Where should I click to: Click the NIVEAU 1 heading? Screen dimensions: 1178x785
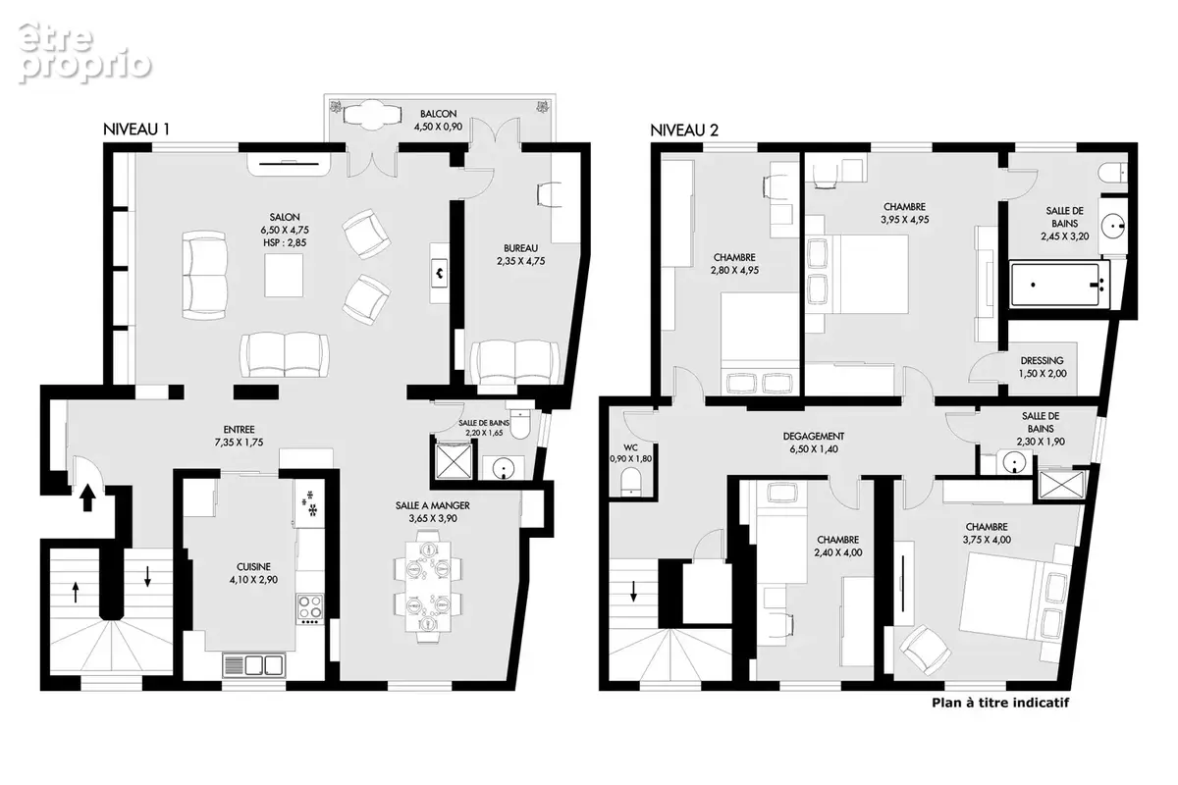tap(136, 130)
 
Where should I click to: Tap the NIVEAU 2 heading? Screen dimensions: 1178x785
tap(684, 130)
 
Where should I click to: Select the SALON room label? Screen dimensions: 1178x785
tap(285, 217)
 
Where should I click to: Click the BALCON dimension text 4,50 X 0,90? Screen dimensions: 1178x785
tap(438, 127)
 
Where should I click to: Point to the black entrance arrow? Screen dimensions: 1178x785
tap(87, 497)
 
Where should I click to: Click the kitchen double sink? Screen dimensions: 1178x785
tap(254, 665)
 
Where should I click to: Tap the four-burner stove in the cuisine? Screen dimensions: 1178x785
tap(310, 606)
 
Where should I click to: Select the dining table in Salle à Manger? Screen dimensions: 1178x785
tap(428, 586)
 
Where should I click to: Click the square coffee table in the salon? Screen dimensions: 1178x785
tap(284, 276)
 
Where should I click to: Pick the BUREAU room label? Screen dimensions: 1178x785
tap(520, 248)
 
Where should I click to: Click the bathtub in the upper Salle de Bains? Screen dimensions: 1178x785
tap(1059, 285)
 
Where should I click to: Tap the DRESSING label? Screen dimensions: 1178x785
tap(1042, 361)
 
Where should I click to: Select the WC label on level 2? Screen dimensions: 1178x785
tap(630, 447)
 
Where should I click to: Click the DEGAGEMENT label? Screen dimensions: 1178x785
tap(814, 436)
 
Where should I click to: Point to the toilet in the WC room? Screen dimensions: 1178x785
tap(630, 483)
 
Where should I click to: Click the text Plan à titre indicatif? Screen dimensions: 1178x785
tap(1000, 703)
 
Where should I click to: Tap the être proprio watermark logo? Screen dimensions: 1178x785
tap(84, 53)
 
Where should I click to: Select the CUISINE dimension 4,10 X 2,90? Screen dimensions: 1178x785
tap(253, 579)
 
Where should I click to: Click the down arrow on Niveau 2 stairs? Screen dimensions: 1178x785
tap(634, 591)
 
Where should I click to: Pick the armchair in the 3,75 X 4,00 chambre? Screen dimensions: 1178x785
tap(925, 649)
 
